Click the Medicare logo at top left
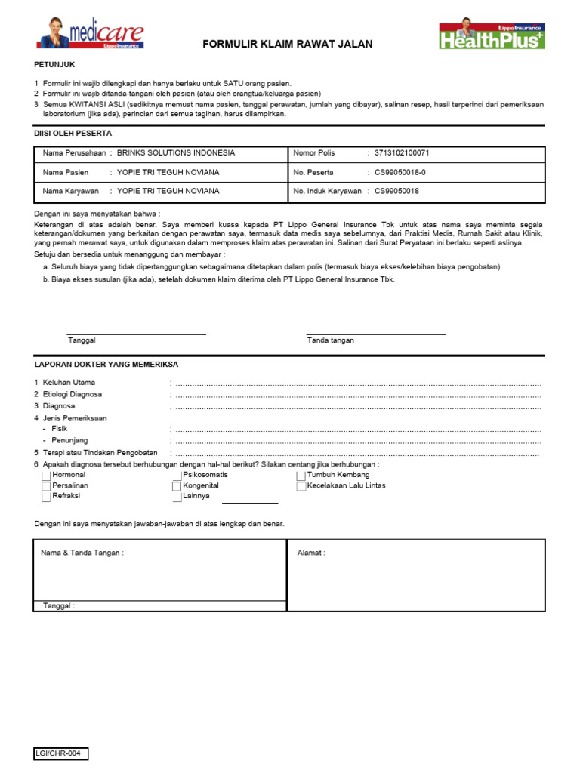tap(89, 33)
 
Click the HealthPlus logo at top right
tap(492, 34)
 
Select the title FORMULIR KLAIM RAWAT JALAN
tap(288, 45)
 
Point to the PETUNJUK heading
tap(55, 66)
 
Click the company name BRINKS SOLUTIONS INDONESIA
tap(176, 152)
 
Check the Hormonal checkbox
tap(47, 476)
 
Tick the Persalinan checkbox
tap(47, 486)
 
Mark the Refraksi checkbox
tap(47, 497)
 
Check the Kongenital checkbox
tap(177, 486)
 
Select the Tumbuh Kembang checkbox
tap(301, 476)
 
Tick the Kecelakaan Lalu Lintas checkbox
tap(301, 486)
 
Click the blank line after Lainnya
tap(250, 500)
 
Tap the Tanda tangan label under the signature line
tap(330, 340)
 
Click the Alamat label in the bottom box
tap(311, 553)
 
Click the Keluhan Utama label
tap(69, 383)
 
